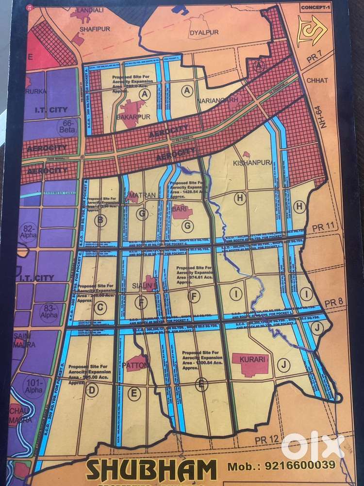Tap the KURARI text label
point(250,360)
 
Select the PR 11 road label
point(319,227)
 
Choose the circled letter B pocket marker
point(101,221)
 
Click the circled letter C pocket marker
point(99,307)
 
